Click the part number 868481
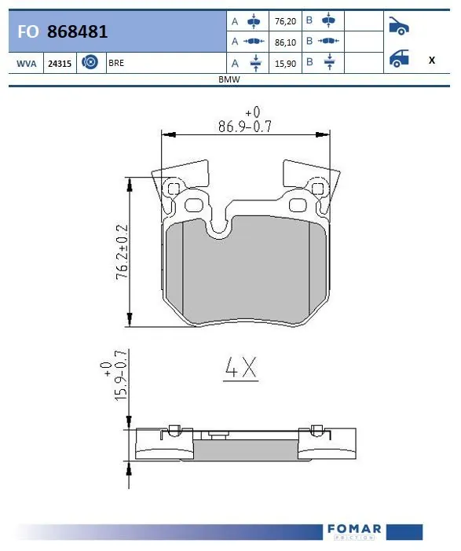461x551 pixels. tap(77, 31)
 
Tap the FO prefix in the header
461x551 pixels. tap(28, 31)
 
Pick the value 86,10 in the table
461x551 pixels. tap(281, 41)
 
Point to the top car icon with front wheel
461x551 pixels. tap(399, 25)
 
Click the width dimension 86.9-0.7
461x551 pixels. tap(244, 126)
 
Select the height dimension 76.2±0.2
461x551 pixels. tap(122, 252)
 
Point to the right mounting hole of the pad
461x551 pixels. tap(318, 188)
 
